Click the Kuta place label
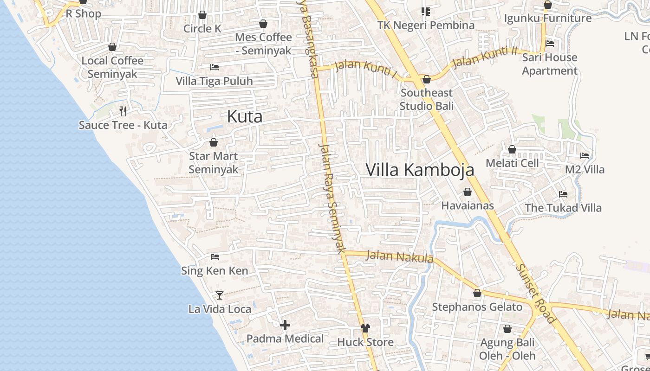point(245,116)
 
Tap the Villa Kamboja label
point(420,170)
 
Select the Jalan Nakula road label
point(399,256)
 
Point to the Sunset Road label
point(535,293)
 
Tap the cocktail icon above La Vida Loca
point(220,295)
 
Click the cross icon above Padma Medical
point(285,325)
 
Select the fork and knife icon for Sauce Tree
point(123,111)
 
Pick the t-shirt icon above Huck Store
point(365,328)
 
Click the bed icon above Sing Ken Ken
point(214,256)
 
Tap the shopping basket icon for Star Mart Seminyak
point(214,142)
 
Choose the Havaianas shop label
point(468,205)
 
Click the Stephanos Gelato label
point(477,307)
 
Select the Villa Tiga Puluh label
point(214,81)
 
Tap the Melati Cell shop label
point(512,163)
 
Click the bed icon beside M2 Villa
point(585,156)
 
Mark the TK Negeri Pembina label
point(426,25)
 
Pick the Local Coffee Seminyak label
point(112,67)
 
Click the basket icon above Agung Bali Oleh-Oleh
point(507,329)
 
